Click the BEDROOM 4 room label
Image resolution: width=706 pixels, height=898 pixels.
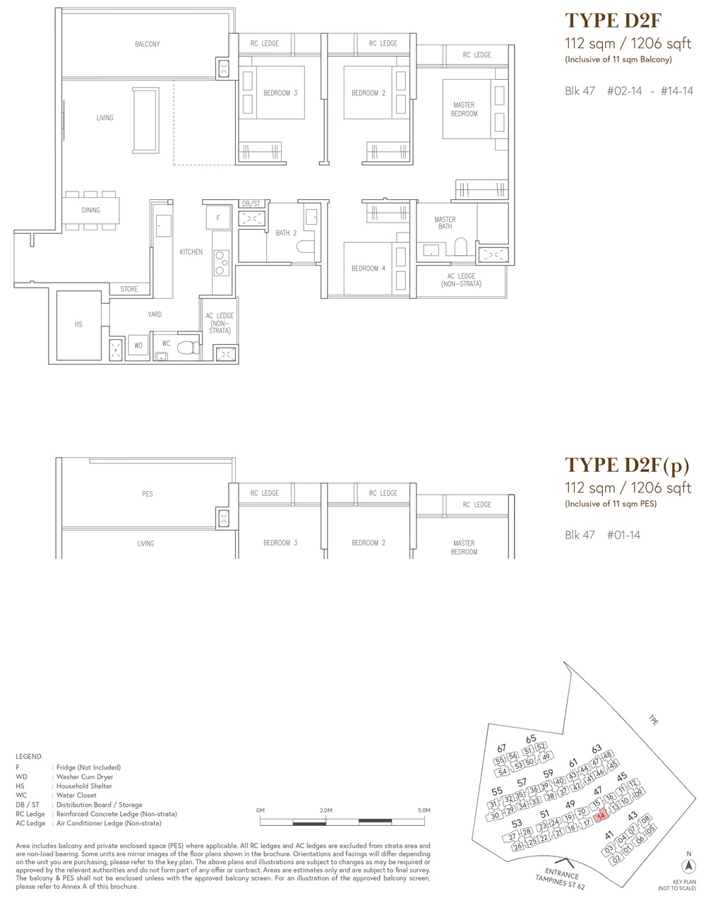[x=369, y=268]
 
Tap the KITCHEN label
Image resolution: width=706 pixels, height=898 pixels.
[x=191, y=252]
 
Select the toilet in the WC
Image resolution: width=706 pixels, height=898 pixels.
[x=189, y=347]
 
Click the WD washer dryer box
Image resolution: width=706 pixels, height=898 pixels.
[x=138, y=345]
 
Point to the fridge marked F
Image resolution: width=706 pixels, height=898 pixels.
[x=218, y=218]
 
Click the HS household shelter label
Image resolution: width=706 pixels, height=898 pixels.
[x=78, y=324]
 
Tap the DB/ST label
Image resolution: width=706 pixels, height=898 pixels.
[x=251, y=203]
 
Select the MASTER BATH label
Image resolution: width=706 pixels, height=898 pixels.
[x=445, y=223]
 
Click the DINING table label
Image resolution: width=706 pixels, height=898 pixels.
[x=91, y=210]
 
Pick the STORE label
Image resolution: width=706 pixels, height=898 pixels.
[x=129, y=289]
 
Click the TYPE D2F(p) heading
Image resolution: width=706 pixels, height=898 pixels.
[x=626, y=466]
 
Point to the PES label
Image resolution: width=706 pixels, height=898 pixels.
[x=148, y=494]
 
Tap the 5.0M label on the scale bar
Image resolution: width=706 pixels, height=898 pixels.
[x=424, y=810]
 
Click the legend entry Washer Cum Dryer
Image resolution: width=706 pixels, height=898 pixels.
[x=85, y=776]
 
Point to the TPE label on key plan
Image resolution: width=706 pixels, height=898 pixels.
[x=654, y=720]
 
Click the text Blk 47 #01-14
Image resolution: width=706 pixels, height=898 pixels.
[x=602, y=535]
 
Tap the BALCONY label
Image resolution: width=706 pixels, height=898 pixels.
[x=148, y=44]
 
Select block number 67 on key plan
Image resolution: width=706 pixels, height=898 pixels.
[x=501, y=748]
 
